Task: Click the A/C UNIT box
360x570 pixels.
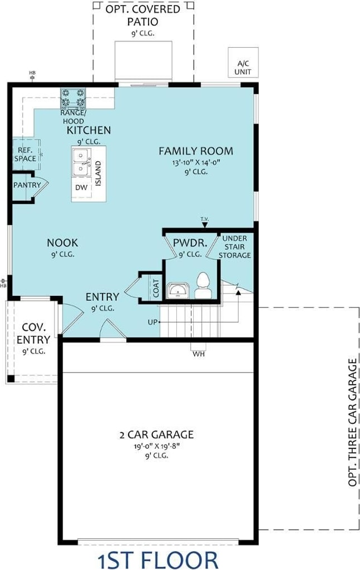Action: click(243, 62)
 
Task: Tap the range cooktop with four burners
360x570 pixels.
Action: click(73, 98)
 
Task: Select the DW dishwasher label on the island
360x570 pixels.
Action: click(81, 187)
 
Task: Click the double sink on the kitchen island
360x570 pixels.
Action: click(81, 162)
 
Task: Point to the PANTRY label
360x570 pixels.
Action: click(27, 185)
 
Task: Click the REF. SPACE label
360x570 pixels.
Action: click(26, 155)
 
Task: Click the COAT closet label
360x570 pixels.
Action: click(156, 288)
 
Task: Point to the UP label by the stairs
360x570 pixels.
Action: click(152, 322)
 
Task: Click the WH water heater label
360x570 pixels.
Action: click(199, 353)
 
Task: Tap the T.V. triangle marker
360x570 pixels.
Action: click(205, 225)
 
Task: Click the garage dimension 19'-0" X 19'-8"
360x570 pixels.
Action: click(157, 446)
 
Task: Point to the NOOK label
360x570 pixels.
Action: click(62, 243)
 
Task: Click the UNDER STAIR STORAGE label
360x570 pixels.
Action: click(235, 247)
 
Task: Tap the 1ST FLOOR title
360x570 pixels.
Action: click(158, 560)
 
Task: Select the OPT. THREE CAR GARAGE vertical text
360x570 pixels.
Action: click(353, 423)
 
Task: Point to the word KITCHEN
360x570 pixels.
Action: click(88, 130)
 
